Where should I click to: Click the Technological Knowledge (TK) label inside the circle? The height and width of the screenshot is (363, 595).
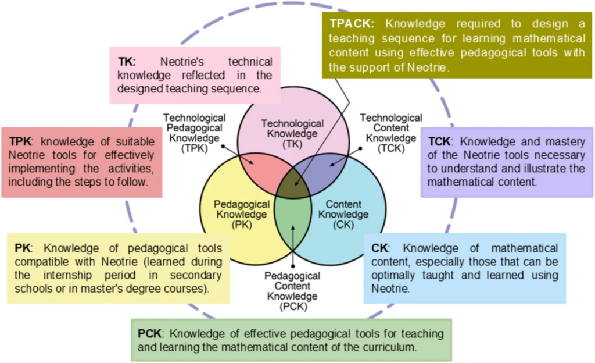coord(292,134)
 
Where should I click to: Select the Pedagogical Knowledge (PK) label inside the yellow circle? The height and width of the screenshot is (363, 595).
coord(242,215)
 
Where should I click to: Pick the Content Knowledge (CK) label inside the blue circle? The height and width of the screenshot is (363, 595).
coord(343,215)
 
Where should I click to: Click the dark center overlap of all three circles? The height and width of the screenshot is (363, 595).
coord(293,186)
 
